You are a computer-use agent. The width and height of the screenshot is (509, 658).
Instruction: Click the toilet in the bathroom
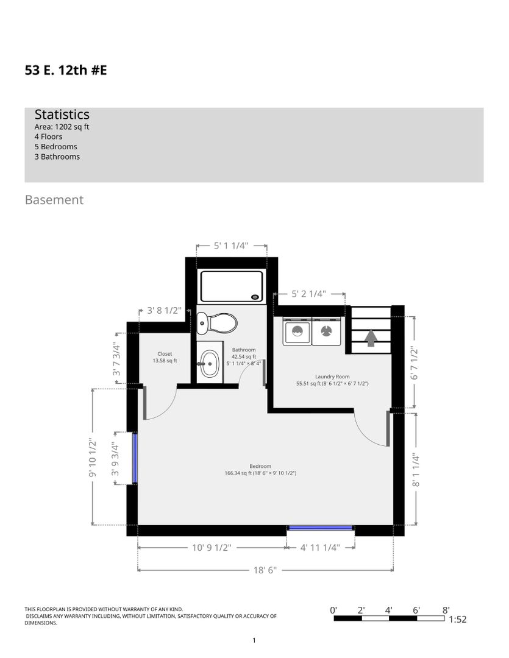[x=216, y=324]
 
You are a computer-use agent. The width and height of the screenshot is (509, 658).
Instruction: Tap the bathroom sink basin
[x=209, y=363]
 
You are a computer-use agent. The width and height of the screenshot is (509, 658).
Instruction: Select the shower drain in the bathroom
[x=255, y=297]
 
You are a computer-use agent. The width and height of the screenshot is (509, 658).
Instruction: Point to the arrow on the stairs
[x=371, y=338]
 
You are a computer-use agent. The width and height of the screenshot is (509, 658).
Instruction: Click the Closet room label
[x=165, y=357]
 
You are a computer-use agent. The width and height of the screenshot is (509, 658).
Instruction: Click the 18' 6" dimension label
[x=265, y=570]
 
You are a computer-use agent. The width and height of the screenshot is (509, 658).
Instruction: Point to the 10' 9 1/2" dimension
[x=212, y=548]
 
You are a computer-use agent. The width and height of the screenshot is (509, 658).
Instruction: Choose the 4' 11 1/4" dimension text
[x=320, y=548]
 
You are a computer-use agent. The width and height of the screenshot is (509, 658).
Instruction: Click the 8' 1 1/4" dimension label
[x=415, y=470]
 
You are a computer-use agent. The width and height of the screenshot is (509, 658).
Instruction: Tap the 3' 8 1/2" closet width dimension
[x=164, y=311]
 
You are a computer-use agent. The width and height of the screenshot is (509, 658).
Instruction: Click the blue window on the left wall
[x=135, y=458]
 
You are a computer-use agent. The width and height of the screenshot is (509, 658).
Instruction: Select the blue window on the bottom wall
[x=321, y=528]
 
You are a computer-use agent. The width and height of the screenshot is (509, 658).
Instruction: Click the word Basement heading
[x=54, y=200]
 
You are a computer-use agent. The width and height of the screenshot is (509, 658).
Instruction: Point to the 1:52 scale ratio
[x=457, y=620]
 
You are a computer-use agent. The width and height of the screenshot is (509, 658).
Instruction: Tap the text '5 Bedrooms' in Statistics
[x=56, y=146]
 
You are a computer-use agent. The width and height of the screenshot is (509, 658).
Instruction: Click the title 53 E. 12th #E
[x=66, y=70]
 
